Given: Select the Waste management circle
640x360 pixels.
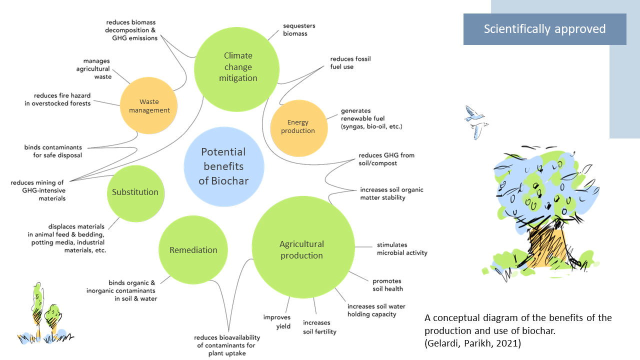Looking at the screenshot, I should point(149,106).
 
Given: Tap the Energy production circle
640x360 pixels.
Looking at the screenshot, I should point(298,126).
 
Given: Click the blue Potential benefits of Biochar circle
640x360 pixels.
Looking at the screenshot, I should point(223,166).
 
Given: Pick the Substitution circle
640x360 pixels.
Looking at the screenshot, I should point(135,192).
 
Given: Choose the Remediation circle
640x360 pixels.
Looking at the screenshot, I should point(193,250).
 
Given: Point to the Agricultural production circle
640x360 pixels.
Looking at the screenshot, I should point(301,249).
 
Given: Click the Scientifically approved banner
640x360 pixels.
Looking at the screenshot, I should point(544,29).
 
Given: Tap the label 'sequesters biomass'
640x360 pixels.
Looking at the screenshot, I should point(299,29).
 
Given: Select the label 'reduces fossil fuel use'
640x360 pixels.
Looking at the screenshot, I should point(350,63).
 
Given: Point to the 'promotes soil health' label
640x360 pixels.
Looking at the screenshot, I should point(387,285).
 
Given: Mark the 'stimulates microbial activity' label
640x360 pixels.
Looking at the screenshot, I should point(402,249).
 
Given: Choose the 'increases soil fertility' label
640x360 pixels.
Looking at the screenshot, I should point(319,327).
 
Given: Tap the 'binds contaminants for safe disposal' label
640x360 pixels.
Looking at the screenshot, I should point(53,151).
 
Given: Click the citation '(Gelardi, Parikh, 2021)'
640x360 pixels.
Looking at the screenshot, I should point(472,343).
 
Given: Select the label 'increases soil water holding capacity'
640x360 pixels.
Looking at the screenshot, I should point(376,310).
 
